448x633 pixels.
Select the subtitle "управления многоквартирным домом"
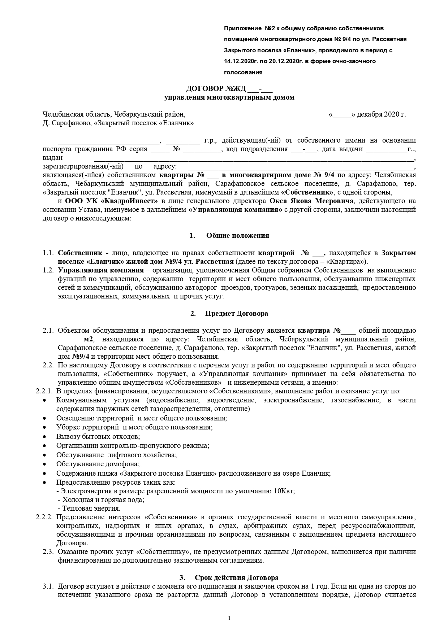point(229,97)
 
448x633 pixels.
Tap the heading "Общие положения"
point(237,236)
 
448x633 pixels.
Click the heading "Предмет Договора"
point(237,313)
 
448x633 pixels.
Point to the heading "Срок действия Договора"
point(237,577)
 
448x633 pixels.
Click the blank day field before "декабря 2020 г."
point(342,115)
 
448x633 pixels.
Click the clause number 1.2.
point(48,270)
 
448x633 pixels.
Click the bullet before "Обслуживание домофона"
point(44,464)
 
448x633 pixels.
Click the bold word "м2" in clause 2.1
point(89,339)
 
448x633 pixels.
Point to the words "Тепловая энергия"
point(91,508)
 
